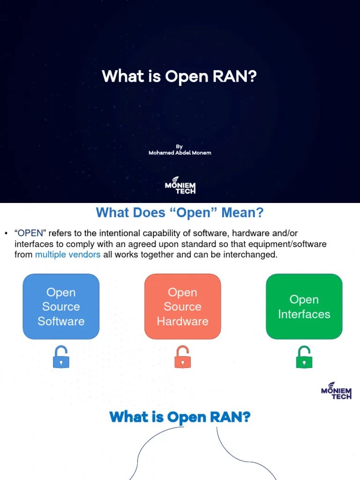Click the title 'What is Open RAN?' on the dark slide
[x=180, y=76]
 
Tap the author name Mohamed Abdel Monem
[x=180, y=153]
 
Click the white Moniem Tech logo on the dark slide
[x=180, y=185]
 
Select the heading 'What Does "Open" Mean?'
[x=180, y=213]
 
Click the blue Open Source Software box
[x=61, y=307]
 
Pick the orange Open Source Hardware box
[x=182, y=307]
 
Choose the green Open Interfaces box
[x=304, y=307]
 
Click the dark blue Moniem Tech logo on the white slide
[x=336, y=390]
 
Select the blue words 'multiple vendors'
[x=67, y=255]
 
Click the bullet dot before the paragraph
[x=7, y=233]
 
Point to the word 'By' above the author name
[x=179, y=146]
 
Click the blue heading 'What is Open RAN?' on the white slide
[x=180, y=417]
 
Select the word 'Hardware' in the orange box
[x=182, y=321]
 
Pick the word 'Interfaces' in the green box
[x=304, y=314]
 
